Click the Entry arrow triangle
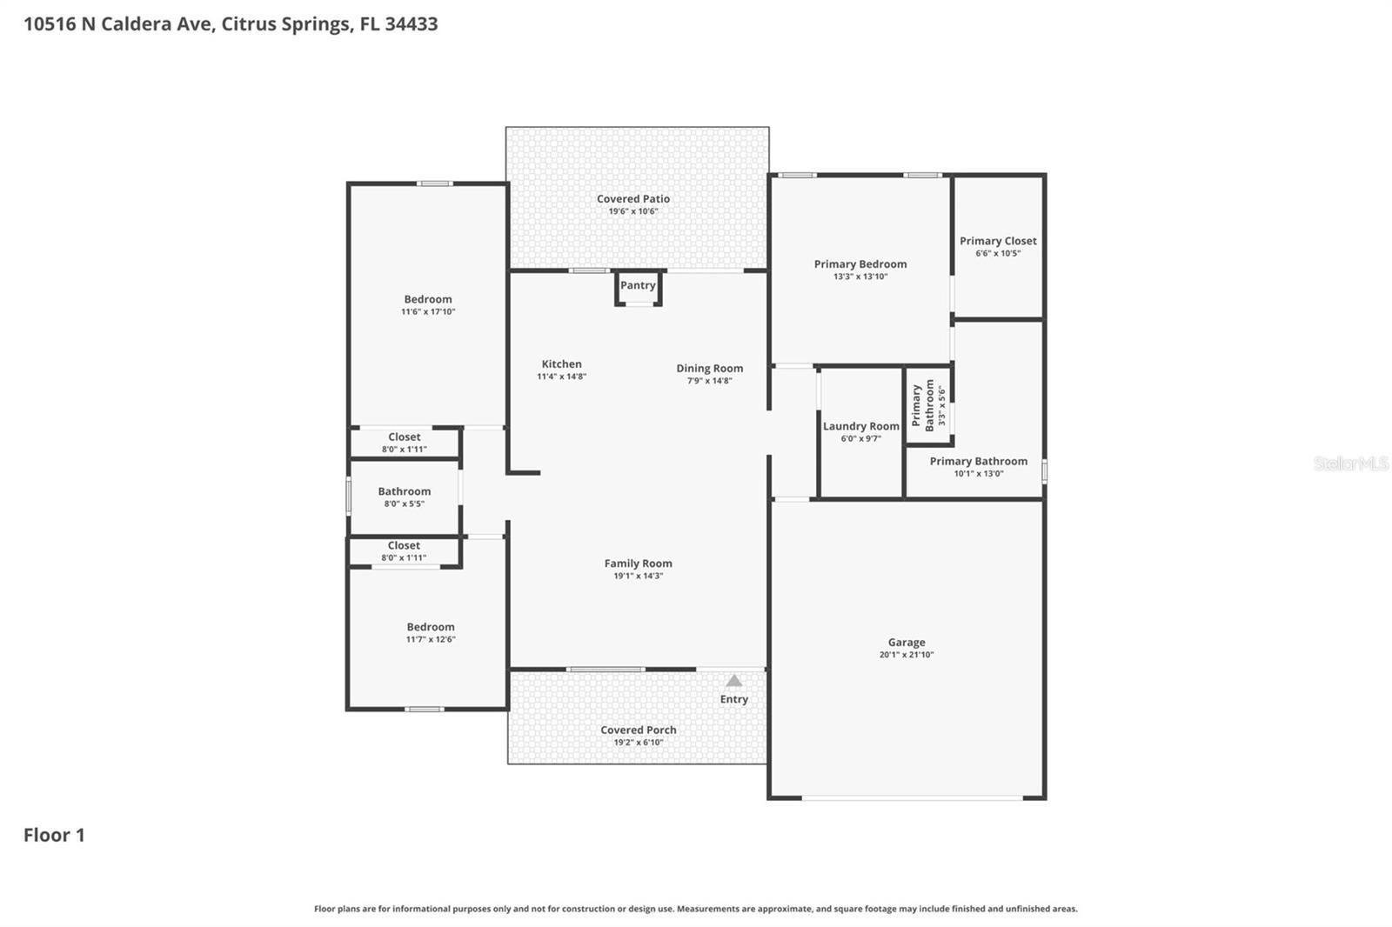click(734, 681)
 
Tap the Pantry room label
click(638, 285)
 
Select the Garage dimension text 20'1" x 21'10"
click(906, 654)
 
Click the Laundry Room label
click(860, 426)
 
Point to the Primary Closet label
click(998, 241)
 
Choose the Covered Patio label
click(633, 199)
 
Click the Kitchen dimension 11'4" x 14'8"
click(562, 377)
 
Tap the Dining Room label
click(710, 369)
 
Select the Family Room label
click(639, 564)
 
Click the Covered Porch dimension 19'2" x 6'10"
click(639, 743)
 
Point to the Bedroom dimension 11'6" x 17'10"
click(428, 312)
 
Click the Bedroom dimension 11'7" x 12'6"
click(431, 639)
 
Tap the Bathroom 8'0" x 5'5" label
click(405, 497)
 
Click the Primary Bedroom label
click(860, 264)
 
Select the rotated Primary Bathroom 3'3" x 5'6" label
click(928, 405)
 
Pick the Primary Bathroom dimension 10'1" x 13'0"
click(979, 473)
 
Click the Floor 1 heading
click(54, 835)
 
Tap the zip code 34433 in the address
click(412, 23)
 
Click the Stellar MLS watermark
click(1351, 463)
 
